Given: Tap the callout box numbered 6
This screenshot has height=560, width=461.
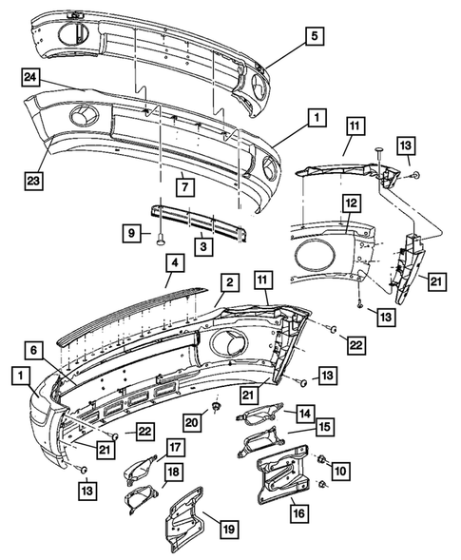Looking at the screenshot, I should pyautogui.click(x=36, y=351).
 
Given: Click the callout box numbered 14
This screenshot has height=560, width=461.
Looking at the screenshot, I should pyautogui.click(x=304, y=414).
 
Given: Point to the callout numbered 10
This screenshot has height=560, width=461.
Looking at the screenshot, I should pyautogui.click(x=339, y=469).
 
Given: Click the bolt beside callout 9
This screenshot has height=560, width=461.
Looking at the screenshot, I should pyautogui.click(x=155, y=239).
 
